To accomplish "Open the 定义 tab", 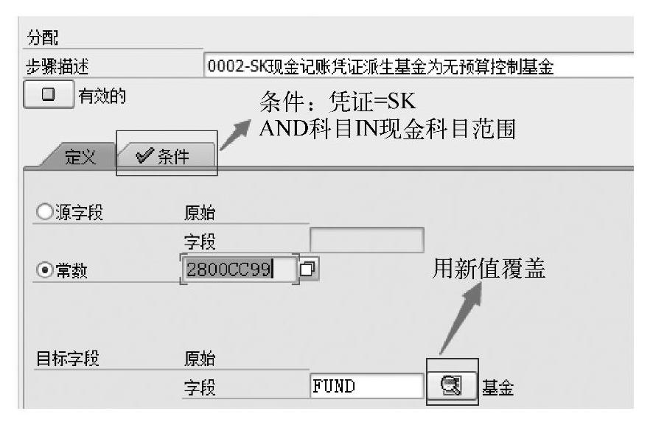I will [x=76, y=156].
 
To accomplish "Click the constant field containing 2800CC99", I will [x=237, y=270].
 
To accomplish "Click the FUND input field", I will [x=366, y=385].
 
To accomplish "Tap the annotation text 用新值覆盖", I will [x=488, y=270].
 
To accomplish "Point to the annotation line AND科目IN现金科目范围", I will [x=387, y=130].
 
